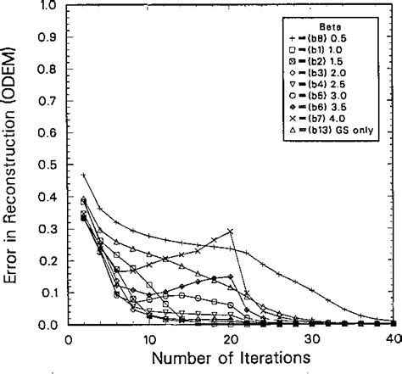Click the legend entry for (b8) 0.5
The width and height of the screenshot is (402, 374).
pyautogui.click(x=348, y=38)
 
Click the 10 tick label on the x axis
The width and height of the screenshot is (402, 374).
pyautogui.click(x=148, y=338)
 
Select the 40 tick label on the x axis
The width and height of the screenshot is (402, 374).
pyautogui.click(x=390, y=338)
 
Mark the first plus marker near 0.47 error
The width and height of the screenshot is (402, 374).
pyautogui.click(x=84, y=175)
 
